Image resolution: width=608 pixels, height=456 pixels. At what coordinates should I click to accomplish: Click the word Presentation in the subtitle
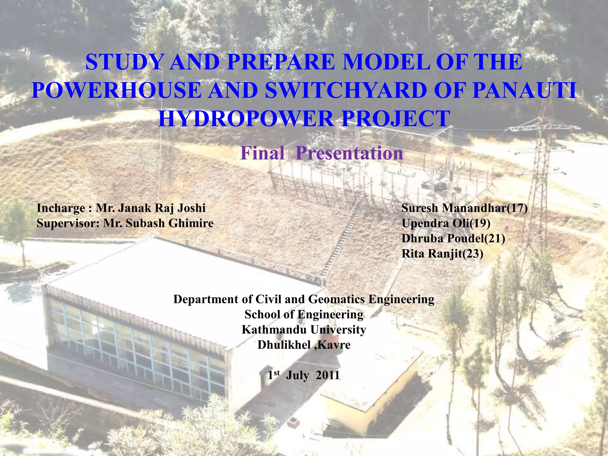click(349, 153)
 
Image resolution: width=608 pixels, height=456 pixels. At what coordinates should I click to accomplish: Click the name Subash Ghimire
click(170, 223)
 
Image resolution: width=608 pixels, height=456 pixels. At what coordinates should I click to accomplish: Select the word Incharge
click(61, 208)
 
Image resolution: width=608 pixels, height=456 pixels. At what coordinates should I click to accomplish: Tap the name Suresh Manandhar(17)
click(464, 208)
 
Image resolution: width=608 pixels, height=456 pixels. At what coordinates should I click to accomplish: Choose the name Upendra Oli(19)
click(446, 223)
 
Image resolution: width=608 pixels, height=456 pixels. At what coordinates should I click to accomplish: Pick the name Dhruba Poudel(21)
click(453, 238)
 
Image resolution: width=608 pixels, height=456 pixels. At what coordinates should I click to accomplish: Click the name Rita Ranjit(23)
click(442, 254)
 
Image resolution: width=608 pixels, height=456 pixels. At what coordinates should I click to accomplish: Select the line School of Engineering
click(304, 314)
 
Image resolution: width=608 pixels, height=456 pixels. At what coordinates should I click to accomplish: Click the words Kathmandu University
click(304, 330)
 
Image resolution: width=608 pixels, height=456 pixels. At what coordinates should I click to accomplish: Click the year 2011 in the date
click(327, 376)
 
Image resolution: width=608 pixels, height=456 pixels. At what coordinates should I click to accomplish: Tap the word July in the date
click(297, 376)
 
